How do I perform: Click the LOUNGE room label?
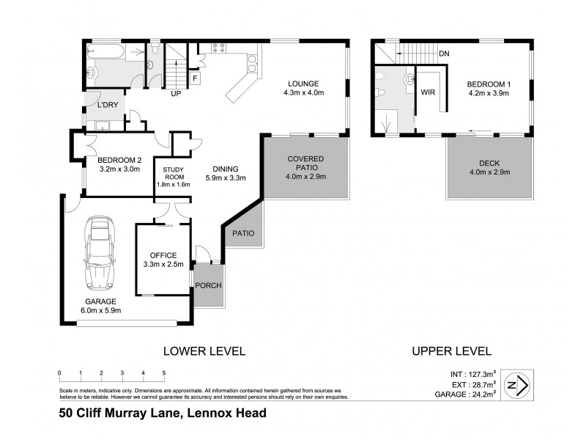pos(301,83)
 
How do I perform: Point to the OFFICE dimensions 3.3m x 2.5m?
pos(163,265)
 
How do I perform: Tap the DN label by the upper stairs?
pos(444,54)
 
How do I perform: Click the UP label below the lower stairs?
pos(176,95)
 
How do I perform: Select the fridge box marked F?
pos(196,78)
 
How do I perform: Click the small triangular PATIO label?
pos(243,233)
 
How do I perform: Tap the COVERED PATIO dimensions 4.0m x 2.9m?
pos(306,176)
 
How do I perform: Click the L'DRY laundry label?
pos(108,106)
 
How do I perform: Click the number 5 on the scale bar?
pos(164,373)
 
